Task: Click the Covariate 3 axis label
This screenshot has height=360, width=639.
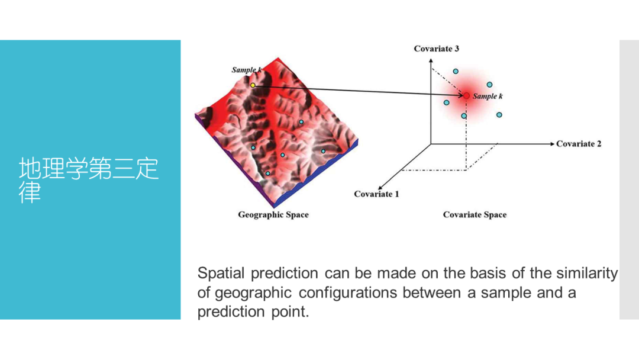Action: [436, 49]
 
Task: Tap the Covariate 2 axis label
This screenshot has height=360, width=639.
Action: [579, 143]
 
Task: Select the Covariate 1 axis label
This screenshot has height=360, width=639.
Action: [376, 194]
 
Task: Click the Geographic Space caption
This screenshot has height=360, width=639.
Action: [273, 214]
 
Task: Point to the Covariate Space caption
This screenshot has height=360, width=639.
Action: [475, 214]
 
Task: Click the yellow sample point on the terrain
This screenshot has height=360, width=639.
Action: [253, 85]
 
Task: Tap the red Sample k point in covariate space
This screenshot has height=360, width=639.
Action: [466, 96]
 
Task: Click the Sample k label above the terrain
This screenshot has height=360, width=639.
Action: [247, 70]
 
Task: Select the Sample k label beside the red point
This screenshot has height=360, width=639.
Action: [488, 97]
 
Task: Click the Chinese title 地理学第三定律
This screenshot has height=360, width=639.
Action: [88, 180]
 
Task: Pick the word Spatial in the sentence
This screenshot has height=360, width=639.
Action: [221, 273]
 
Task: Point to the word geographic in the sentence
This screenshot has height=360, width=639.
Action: [253, 292]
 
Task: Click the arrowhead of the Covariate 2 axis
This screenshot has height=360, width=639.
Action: [552, 143]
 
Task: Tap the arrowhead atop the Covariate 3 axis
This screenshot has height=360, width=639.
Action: [431, 61]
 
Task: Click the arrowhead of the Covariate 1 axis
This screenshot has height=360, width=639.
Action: [380, 188]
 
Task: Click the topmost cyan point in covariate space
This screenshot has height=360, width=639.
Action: [456, 71]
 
